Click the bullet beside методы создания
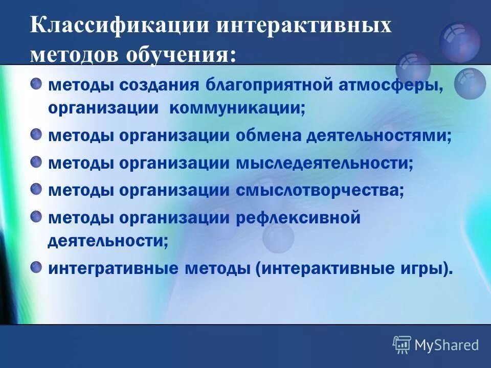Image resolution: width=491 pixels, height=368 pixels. coord(37,83)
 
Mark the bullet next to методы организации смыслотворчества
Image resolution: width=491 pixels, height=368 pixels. coord(37,189)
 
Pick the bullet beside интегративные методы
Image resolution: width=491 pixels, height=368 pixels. coord(37,267)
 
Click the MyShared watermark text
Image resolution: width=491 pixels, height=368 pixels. coord(447,345)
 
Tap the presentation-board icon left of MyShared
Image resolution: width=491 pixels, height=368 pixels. coord(402,345)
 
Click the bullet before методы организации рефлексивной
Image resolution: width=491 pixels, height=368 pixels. coord(37,216)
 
